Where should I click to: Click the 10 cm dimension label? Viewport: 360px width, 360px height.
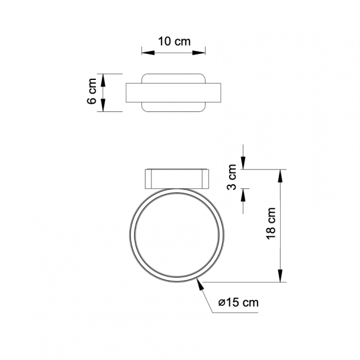[x=174, y=41]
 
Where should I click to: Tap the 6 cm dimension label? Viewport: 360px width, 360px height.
[x=92, y=91]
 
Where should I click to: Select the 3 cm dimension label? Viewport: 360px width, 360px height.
[x=232, y=177]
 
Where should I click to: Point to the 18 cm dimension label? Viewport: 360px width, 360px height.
[x=271, y=223]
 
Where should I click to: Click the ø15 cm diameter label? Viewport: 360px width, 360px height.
[x=239, y=303]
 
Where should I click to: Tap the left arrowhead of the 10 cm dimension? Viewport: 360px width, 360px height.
[x=148, y=53]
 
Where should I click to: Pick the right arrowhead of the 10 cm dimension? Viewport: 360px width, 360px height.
[x=199, y=53]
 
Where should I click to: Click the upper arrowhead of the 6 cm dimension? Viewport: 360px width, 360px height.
[x=103, y=80]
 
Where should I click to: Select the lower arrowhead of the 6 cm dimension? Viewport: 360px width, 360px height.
[x=103, y=105]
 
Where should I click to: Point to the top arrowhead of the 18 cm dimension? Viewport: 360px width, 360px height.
[x=280, y=176]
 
